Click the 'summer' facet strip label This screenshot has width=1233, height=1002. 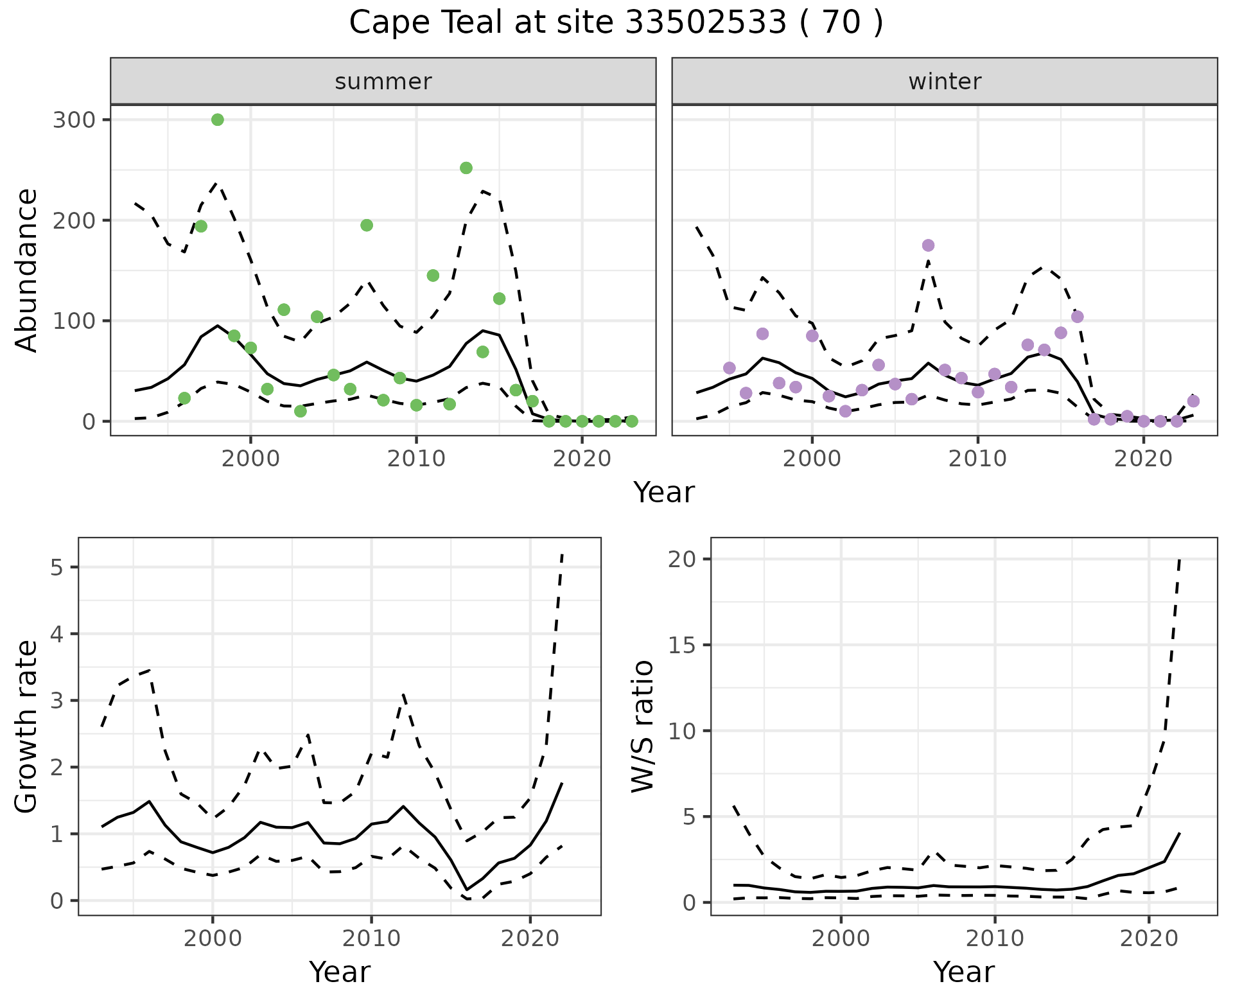(x=383, y=82)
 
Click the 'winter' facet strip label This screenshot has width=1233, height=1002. (x=944, y=82)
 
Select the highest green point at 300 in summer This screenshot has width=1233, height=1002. (x=218, y=120)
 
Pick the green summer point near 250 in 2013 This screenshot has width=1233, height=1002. (x=466, y=168)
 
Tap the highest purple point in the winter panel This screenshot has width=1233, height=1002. (x=928, y=245)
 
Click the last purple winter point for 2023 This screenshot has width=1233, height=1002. (x=1193, y=401)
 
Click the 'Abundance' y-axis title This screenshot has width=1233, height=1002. (x=27, y=270)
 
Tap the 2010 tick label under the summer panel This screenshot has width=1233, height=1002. (x=416, y=459)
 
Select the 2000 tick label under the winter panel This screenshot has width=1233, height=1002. (x=812, y=459)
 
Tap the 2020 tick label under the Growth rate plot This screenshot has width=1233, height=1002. (x=530, y=938)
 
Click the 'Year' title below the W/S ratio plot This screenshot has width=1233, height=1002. (x=963, y=972)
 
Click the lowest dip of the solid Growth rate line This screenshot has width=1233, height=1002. (x=467, y=890)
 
